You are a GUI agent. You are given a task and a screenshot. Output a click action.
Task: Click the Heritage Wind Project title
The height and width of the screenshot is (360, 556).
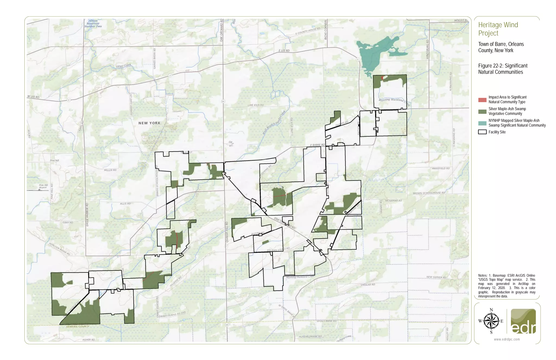[498, 29]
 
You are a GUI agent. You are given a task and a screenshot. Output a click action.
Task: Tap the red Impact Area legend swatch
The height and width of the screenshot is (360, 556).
[482, 100]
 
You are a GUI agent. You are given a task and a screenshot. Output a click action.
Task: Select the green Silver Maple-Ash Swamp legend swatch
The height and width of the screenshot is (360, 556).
[482, 111]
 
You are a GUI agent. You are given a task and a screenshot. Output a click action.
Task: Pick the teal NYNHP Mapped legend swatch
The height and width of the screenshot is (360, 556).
[482, 123]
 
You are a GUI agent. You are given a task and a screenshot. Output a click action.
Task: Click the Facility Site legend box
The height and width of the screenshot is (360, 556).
[482, 132]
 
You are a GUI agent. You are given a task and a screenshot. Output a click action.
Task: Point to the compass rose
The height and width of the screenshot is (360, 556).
[491, 321]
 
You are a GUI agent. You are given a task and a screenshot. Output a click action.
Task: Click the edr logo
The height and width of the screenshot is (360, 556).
[523, 321]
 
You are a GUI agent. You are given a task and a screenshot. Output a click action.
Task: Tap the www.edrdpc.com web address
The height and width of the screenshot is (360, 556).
[507, 339]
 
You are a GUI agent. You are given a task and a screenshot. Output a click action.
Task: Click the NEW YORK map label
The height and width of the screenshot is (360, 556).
[149, 123]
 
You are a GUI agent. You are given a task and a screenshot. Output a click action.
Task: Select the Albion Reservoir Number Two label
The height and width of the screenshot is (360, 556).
[93, 24]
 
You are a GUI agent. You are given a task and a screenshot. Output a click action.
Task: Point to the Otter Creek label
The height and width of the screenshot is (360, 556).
[124, 66]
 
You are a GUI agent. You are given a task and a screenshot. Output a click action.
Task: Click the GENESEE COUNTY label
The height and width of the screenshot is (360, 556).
[78, 326]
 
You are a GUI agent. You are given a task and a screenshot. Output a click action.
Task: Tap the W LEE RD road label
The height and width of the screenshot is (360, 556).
[33, 97]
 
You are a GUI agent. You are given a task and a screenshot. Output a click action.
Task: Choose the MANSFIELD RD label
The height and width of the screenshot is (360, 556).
[441, 168]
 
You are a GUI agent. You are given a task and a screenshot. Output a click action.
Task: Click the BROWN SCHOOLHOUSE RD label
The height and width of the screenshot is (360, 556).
[429, 193]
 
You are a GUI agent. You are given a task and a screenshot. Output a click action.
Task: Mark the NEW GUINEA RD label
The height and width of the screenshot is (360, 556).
[436, 277]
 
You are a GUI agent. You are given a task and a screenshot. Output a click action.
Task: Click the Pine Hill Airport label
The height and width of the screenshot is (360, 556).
[43, 186]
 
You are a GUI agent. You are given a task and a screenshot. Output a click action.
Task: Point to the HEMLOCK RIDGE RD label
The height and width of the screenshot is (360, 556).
[59, 249]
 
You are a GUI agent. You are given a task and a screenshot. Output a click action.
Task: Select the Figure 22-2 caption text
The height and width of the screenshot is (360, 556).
[503, 69]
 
